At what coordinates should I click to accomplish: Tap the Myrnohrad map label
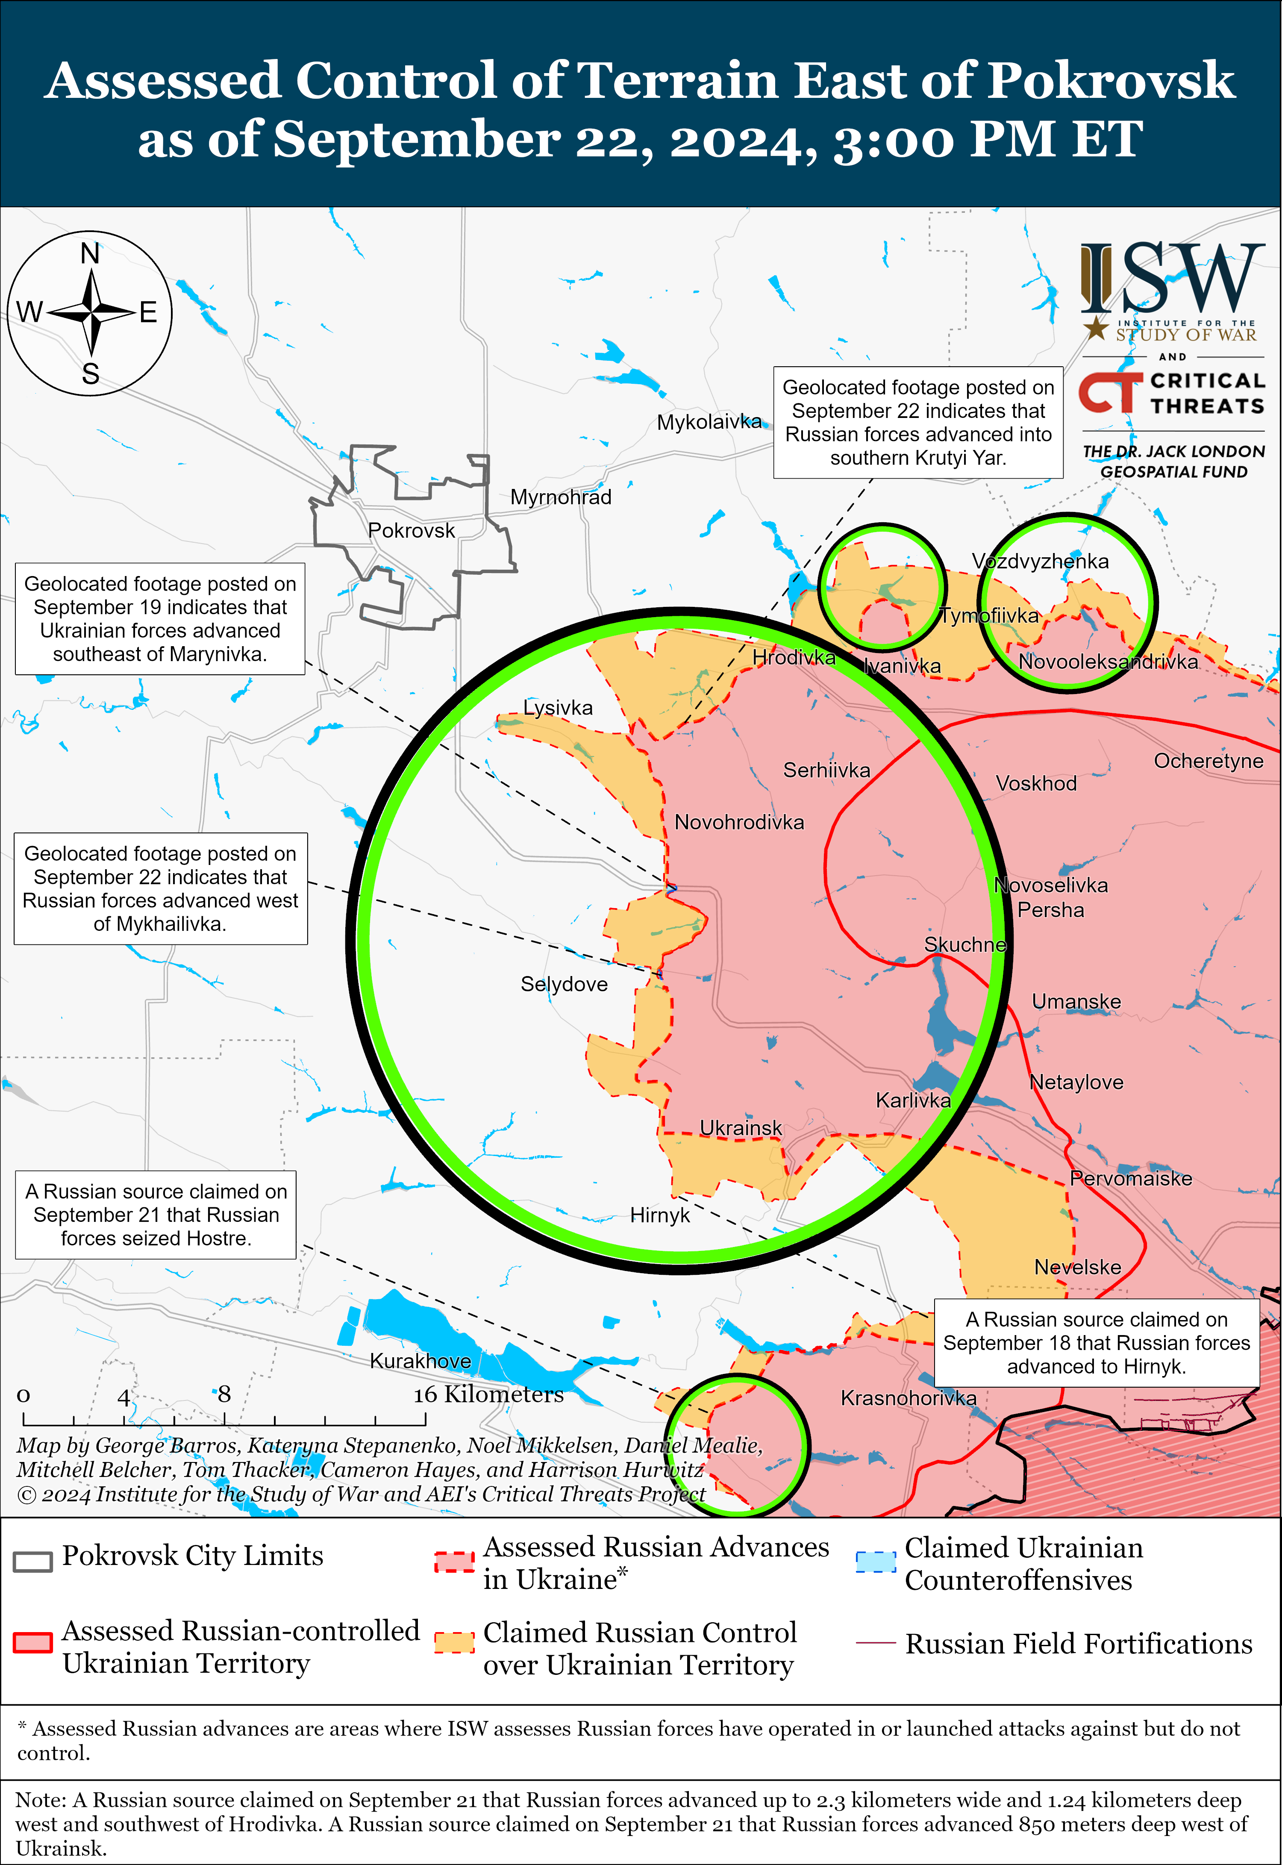(561, 497)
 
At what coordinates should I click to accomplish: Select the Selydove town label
(564, 984)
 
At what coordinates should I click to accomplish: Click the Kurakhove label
(420, 1361)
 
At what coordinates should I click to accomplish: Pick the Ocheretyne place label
(1208, 761)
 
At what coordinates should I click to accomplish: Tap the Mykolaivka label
(709, 422)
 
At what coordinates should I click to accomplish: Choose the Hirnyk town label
(659, 1215)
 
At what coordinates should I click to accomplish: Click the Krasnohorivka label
(909, 1398)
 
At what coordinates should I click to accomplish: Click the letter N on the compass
(90, 254)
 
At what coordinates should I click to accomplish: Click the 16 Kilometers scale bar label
(488, 1394)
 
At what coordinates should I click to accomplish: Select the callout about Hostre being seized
(156, 1215)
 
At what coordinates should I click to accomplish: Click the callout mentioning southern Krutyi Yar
(918, 423)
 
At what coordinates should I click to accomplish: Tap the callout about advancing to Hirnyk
(1097, 1343)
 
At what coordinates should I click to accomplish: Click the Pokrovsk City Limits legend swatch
(33, 1561)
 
